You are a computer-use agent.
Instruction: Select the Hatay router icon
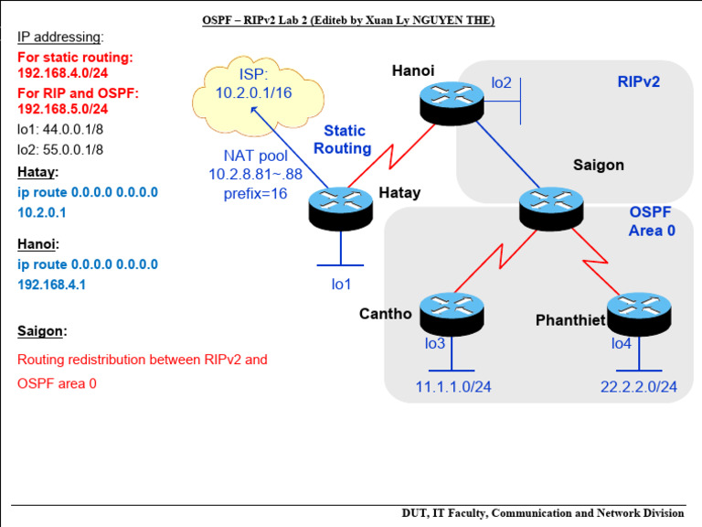click(341, 208)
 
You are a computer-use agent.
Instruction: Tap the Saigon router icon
click(552, 208)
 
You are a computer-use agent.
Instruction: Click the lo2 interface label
click(501, 83)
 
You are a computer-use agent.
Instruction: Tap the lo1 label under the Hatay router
click(341, 284)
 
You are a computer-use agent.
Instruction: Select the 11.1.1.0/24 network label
click(453, 387)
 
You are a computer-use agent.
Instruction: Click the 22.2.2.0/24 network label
click(638, 387)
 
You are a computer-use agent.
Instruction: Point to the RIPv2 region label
click(638, 81)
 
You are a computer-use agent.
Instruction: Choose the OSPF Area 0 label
click(651, 221)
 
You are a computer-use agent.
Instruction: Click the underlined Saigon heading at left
click(42, 331)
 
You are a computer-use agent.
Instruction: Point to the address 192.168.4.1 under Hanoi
click(55, 285)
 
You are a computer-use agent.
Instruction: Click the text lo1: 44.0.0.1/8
click(60, 129)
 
